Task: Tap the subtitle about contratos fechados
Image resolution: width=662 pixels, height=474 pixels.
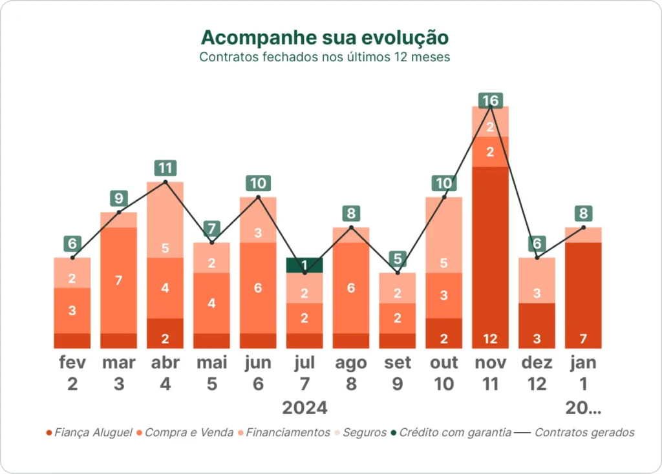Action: point(325,57)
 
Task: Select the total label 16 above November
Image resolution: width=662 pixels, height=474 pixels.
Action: point(491,101)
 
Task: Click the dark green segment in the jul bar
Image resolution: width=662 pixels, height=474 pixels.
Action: point(304,265)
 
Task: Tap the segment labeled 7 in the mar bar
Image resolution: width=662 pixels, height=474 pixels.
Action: point(118,280)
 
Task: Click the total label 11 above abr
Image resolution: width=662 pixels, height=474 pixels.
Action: point(165,169)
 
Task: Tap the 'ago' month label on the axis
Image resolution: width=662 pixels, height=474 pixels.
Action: point(351,363)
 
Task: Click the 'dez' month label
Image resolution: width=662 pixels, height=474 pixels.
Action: point(537,363)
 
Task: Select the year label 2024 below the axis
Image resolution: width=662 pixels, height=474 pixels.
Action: point(304,408)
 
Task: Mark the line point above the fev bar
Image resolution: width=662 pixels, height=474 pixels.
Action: point(72,258)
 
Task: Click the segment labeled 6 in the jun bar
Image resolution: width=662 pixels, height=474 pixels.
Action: point(258,288)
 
